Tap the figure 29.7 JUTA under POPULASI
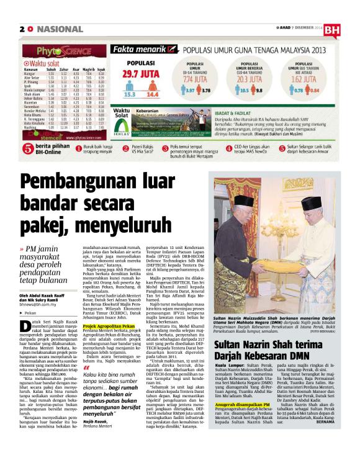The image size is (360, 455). coord(140,74)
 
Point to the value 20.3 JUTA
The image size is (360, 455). coord(260,80)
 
